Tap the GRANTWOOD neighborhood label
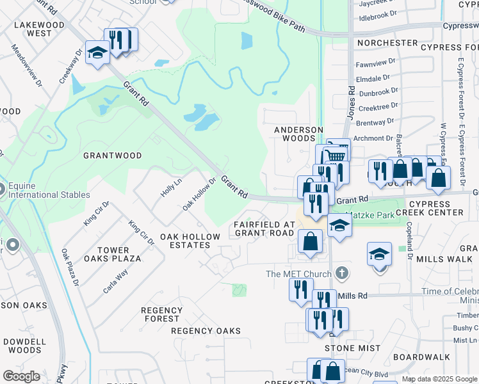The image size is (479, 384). (112, 156)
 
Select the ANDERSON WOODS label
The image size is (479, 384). (298, 134)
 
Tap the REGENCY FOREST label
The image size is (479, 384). (161, 314)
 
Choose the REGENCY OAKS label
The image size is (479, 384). (206, 331)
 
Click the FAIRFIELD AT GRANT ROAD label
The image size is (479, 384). (264, 228)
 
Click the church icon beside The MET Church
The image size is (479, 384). (342, 274)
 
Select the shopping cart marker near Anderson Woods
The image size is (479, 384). (337, 154)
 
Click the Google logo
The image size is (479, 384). (21, 376)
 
